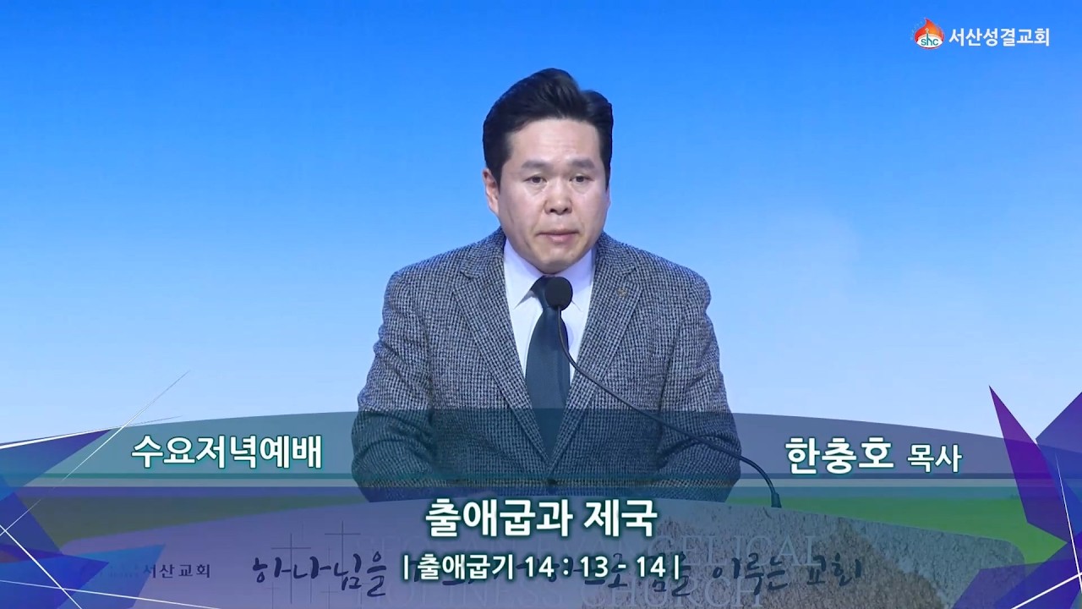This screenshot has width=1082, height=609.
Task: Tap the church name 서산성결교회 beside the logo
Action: [998, 37]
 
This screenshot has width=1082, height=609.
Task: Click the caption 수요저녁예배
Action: [227, 453]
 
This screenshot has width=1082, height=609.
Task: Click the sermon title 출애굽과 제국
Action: [542, 513]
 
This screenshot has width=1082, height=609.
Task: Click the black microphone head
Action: [558, 293]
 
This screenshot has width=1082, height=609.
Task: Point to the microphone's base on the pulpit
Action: [773, 499]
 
